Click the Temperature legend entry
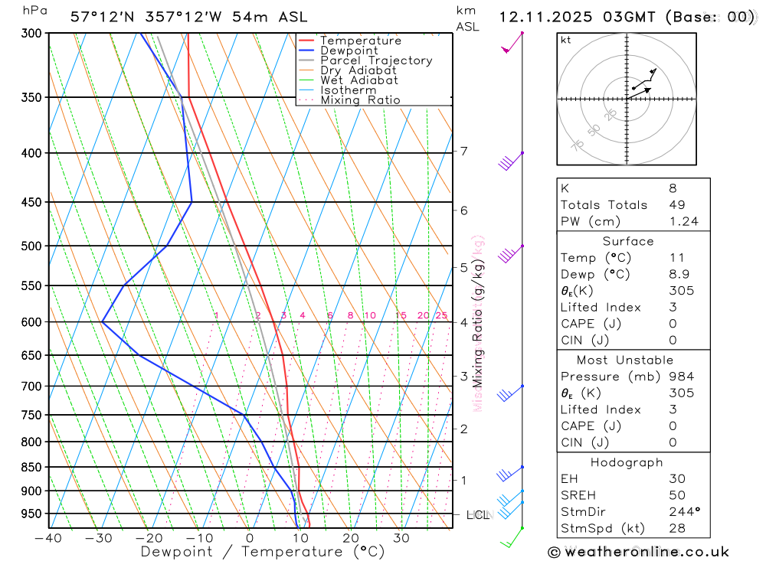(x=360, y=41)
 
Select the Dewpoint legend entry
(x=349, y=51)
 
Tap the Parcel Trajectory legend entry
(x=376, y=60)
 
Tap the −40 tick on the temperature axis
(x=48, y=538)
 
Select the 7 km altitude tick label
(x=463, y=151)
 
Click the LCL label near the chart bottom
(x=478, y=515)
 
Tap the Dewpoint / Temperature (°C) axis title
(x=263, y=551)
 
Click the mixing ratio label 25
(x=441, y=315)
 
